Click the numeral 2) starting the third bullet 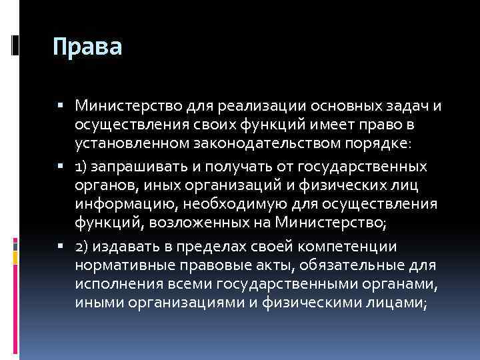pos(83,247)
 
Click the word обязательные pos(353,265)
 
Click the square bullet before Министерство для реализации pos(61,105)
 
